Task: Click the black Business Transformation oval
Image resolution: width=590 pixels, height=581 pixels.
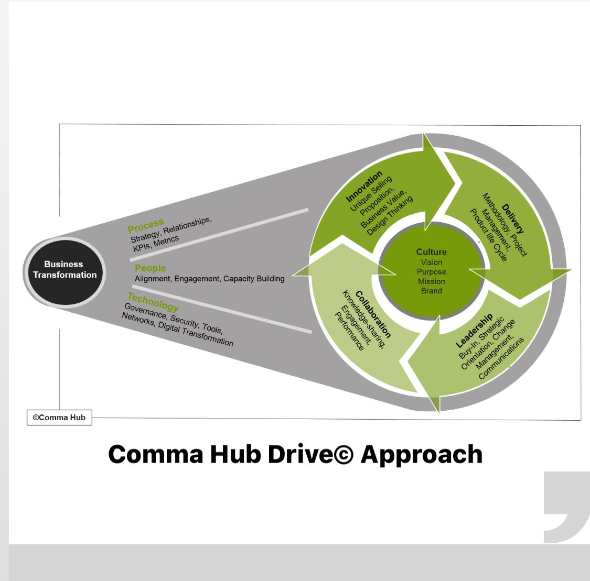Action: [63, 270]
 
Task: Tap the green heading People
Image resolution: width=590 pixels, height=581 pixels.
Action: [150, 268]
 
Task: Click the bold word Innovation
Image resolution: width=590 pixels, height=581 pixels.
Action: [364, 186]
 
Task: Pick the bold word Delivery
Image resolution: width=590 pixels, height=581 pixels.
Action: [512, 218]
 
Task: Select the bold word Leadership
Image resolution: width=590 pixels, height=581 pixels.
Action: [474, 330]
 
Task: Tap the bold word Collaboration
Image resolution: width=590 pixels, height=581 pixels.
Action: [373, 314]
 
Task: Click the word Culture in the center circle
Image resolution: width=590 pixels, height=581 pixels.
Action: [431, 252]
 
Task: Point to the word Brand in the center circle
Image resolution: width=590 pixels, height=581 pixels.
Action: [431, 291]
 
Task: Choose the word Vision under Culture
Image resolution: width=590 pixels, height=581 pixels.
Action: [431, 262]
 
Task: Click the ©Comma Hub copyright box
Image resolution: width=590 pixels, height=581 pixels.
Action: [59, 418]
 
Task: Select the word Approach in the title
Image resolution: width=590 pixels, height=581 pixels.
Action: [422, 454]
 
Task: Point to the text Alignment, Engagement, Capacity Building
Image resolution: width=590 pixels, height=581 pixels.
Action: [209, 279]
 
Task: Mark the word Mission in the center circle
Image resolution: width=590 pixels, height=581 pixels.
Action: [431, 281]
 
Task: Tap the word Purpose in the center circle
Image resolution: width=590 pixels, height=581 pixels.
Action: [431, 272]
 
